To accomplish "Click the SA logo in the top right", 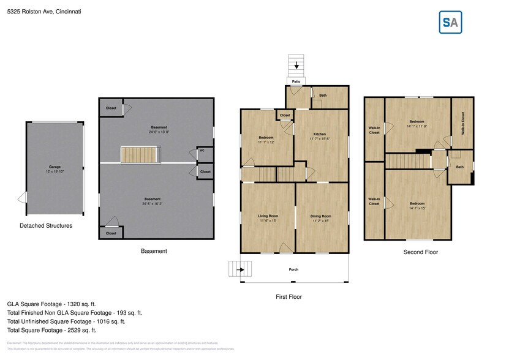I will (451, 23).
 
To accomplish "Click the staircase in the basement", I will (141, 155).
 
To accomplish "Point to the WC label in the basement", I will (202, 151).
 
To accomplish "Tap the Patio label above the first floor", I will (296, 81).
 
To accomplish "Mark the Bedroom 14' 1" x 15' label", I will (417, 205).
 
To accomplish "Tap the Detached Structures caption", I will (46, 226).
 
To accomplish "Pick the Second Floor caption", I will (420, 252).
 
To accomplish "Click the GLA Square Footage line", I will (51, 304).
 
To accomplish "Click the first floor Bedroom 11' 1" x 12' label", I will (266, 140).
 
